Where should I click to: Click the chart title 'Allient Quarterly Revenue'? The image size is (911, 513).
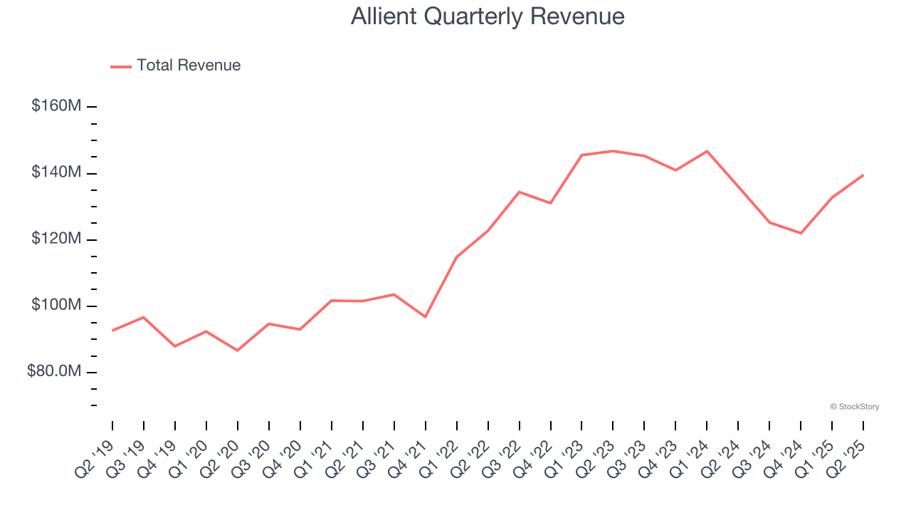tap(488, 16)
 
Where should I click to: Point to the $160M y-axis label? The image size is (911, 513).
tap(56, 106)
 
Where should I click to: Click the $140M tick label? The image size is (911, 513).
tap(56, 173)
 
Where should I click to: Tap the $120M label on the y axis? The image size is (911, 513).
tap(56, 239)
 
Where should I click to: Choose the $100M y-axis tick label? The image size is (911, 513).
tap(56, 306)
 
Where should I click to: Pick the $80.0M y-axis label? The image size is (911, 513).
tap(54, 372)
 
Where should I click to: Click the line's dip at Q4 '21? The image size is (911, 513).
tap(426, 316)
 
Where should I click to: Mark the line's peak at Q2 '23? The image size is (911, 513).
tap(613, 151)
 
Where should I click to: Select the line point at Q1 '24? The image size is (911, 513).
tap(707, 151)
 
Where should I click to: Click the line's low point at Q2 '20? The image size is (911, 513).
tap(237, 351)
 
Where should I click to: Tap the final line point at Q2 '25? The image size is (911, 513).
tap(863, 175)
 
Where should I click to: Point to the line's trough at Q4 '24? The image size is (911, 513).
tap(801, 233)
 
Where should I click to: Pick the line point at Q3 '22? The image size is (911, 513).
tap(519, 192)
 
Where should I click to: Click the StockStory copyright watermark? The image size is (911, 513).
tap(855, 407)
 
